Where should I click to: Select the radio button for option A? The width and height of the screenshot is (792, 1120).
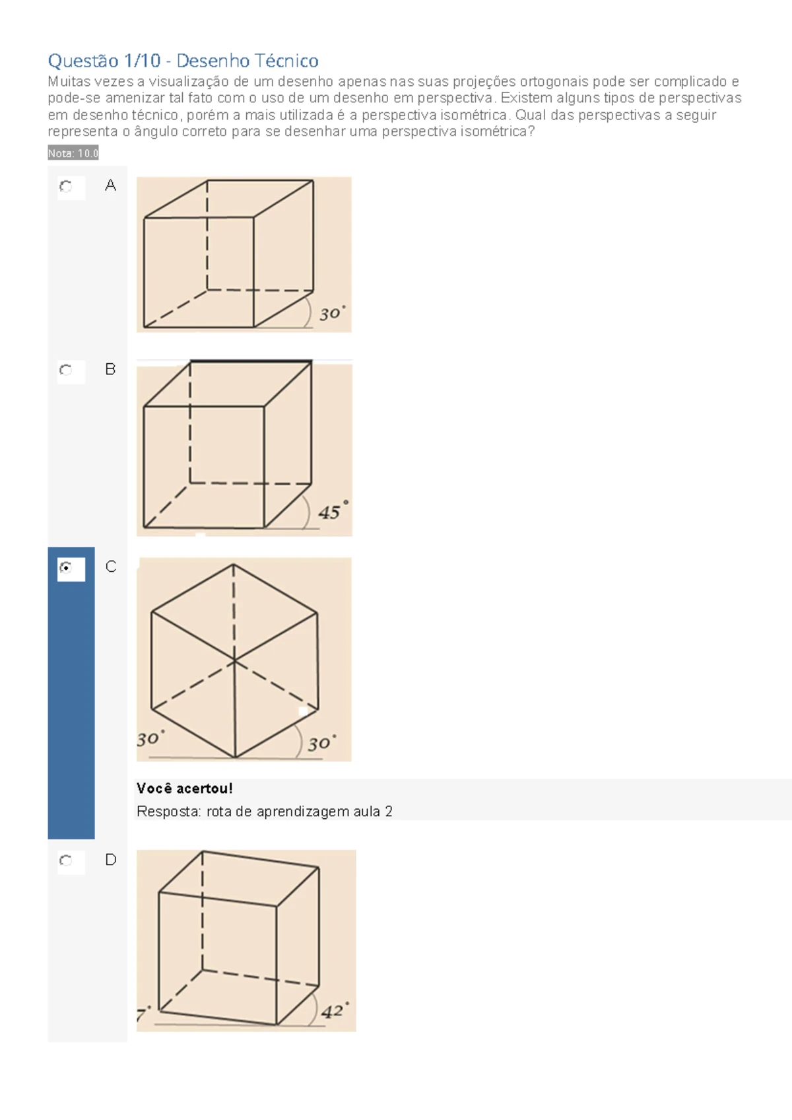[x=65, y=186]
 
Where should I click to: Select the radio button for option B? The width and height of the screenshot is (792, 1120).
[x=65, y=370]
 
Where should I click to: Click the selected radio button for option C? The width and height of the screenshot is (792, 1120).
[x=65, y=567]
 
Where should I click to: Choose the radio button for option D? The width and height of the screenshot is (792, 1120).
[x=65, y=860]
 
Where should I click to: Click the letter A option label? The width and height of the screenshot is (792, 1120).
[x=110, y=186]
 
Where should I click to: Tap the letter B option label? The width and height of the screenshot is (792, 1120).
[x=110, y=370]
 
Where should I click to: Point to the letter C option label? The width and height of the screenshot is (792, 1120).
[x=111, y=567]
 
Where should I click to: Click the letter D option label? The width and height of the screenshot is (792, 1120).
[x=111, y=860]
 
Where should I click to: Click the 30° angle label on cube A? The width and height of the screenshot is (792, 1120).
[x=332, y=313]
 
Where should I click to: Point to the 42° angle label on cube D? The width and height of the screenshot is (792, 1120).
[x=335, y=1010]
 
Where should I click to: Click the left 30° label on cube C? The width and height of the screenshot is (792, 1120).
[x=150, y=738]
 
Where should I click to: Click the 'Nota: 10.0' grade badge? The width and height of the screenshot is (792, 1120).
[x=73, y=153]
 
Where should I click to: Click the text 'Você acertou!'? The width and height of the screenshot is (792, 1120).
[x=184, y=788]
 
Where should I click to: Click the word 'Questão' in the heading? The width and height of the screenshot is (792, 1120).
[x=83, y=61]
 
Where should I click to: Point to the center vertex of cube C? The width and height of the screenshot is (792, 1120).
[x=234, y=661]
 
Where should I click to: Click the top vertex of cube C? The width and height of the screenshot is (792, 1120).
[x=234, y=565]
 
